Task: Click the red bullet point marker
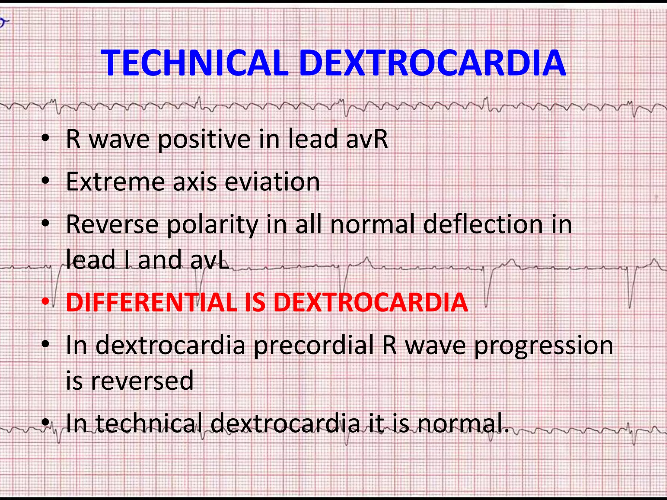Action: (46, 302)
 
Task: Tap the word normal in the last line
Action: (463, 424)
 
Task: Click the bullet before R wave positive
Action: (46, 139)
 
